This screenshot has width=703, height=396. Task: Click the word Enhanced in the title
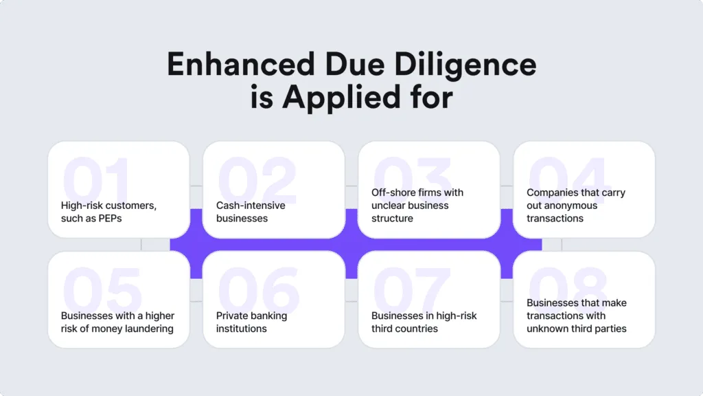click(241, 64)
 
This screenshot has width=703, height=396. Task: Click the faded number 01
click(96, 179)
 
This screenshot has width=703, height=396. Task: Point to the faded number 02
click(257, 179)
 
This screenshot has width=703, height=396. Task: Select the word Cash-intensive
click(251, 205)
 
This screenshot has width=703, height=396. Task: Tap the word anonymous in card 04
click(562, 205)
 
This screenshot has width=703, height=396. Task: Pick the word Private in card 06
click(232, 316)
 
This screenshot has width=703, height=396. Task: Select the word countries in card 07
click(404, 329)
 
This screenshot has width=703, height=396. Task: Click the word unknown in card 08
click(547, 329)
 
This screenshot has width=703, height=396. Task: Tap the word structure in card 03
click(392, 218)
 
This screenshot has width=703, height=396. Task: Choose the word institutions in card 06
click(241, 329)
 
